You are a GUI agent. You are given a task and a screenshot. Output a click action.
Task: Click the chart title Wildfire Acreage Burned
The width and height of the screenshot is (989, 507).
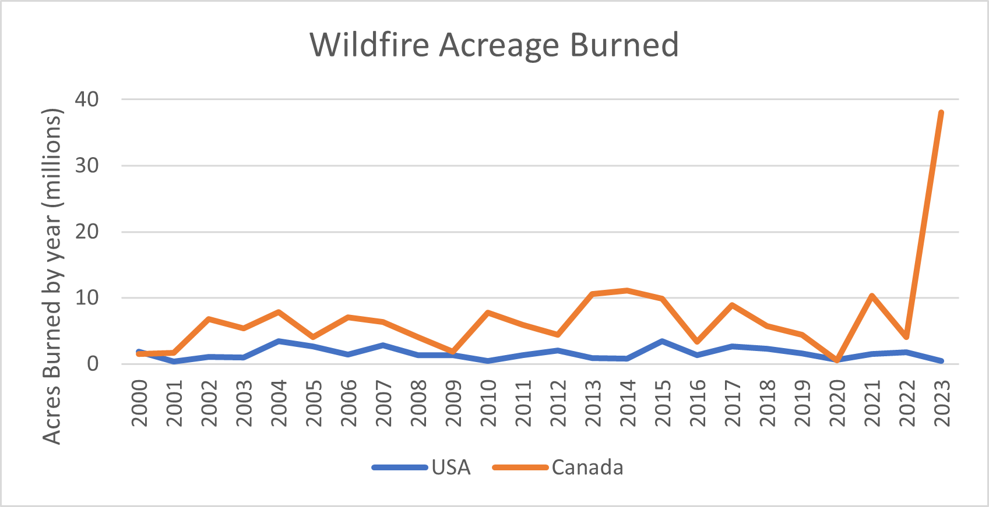tap(494, 45)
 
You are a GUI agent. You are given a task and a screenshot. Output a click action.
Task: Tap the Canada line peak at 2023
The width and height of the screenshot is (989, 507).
tap(941, 113)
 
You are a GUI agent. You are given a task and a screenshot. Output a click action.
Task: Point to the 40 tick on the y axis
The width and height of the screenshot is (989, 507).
tap(87, 99)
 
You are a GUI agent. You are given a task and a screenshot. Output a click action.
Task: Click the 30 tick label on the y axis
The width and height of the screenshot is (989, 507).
tap(87, 165)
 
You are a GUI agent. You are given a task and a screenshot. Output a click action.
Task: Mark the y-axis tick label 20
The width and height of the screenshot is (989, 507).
tap(87, 232)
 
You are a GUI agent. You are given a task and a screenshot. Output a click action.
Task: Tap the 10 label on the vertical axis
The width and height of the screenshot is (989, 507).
tap(87, 298)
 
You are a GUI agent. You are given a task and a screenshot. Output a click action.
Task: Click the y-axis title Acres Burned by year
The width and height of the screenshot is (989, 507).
tap(52, 276)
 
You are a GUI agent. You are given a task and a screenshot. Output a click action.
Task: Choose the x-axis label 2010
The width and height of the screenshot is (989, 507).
tap(488, 403)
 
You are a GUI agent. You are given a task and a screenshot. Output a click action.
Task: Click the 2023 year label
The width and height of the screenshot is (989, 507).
tap(942, 403)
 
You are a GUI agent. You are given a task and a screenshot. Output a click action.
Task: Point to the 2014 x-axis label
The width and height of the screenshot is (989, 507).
tap(628, 403)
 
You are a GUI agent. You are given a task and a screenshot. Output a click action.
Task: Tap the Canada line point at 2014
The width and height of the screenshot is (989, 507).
tap(627, 290)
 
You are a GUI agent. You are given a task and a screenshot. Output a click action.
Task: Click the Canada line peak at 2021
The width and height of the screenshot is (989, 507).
tap(872, 296)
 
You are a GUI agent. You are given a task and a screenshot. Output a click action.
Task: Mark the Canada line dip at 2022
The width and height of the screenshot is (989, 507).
tap(906, 336)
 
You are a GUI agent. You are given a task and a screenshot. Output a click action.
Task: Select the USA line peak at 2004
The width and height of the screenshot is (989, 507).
tap(279, 341)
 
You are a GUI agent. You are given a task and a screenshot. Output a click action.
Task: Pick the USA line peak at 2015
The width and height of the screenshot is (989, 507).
tap(662, 341)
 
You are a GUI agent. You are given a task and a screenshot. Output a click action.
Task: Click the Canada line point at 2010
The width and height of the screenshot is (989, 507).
tap(488, 313)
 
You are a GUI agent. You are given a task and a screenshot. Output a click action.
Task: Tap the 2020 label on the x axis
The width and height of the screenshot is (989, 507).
tap(837, 403)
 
